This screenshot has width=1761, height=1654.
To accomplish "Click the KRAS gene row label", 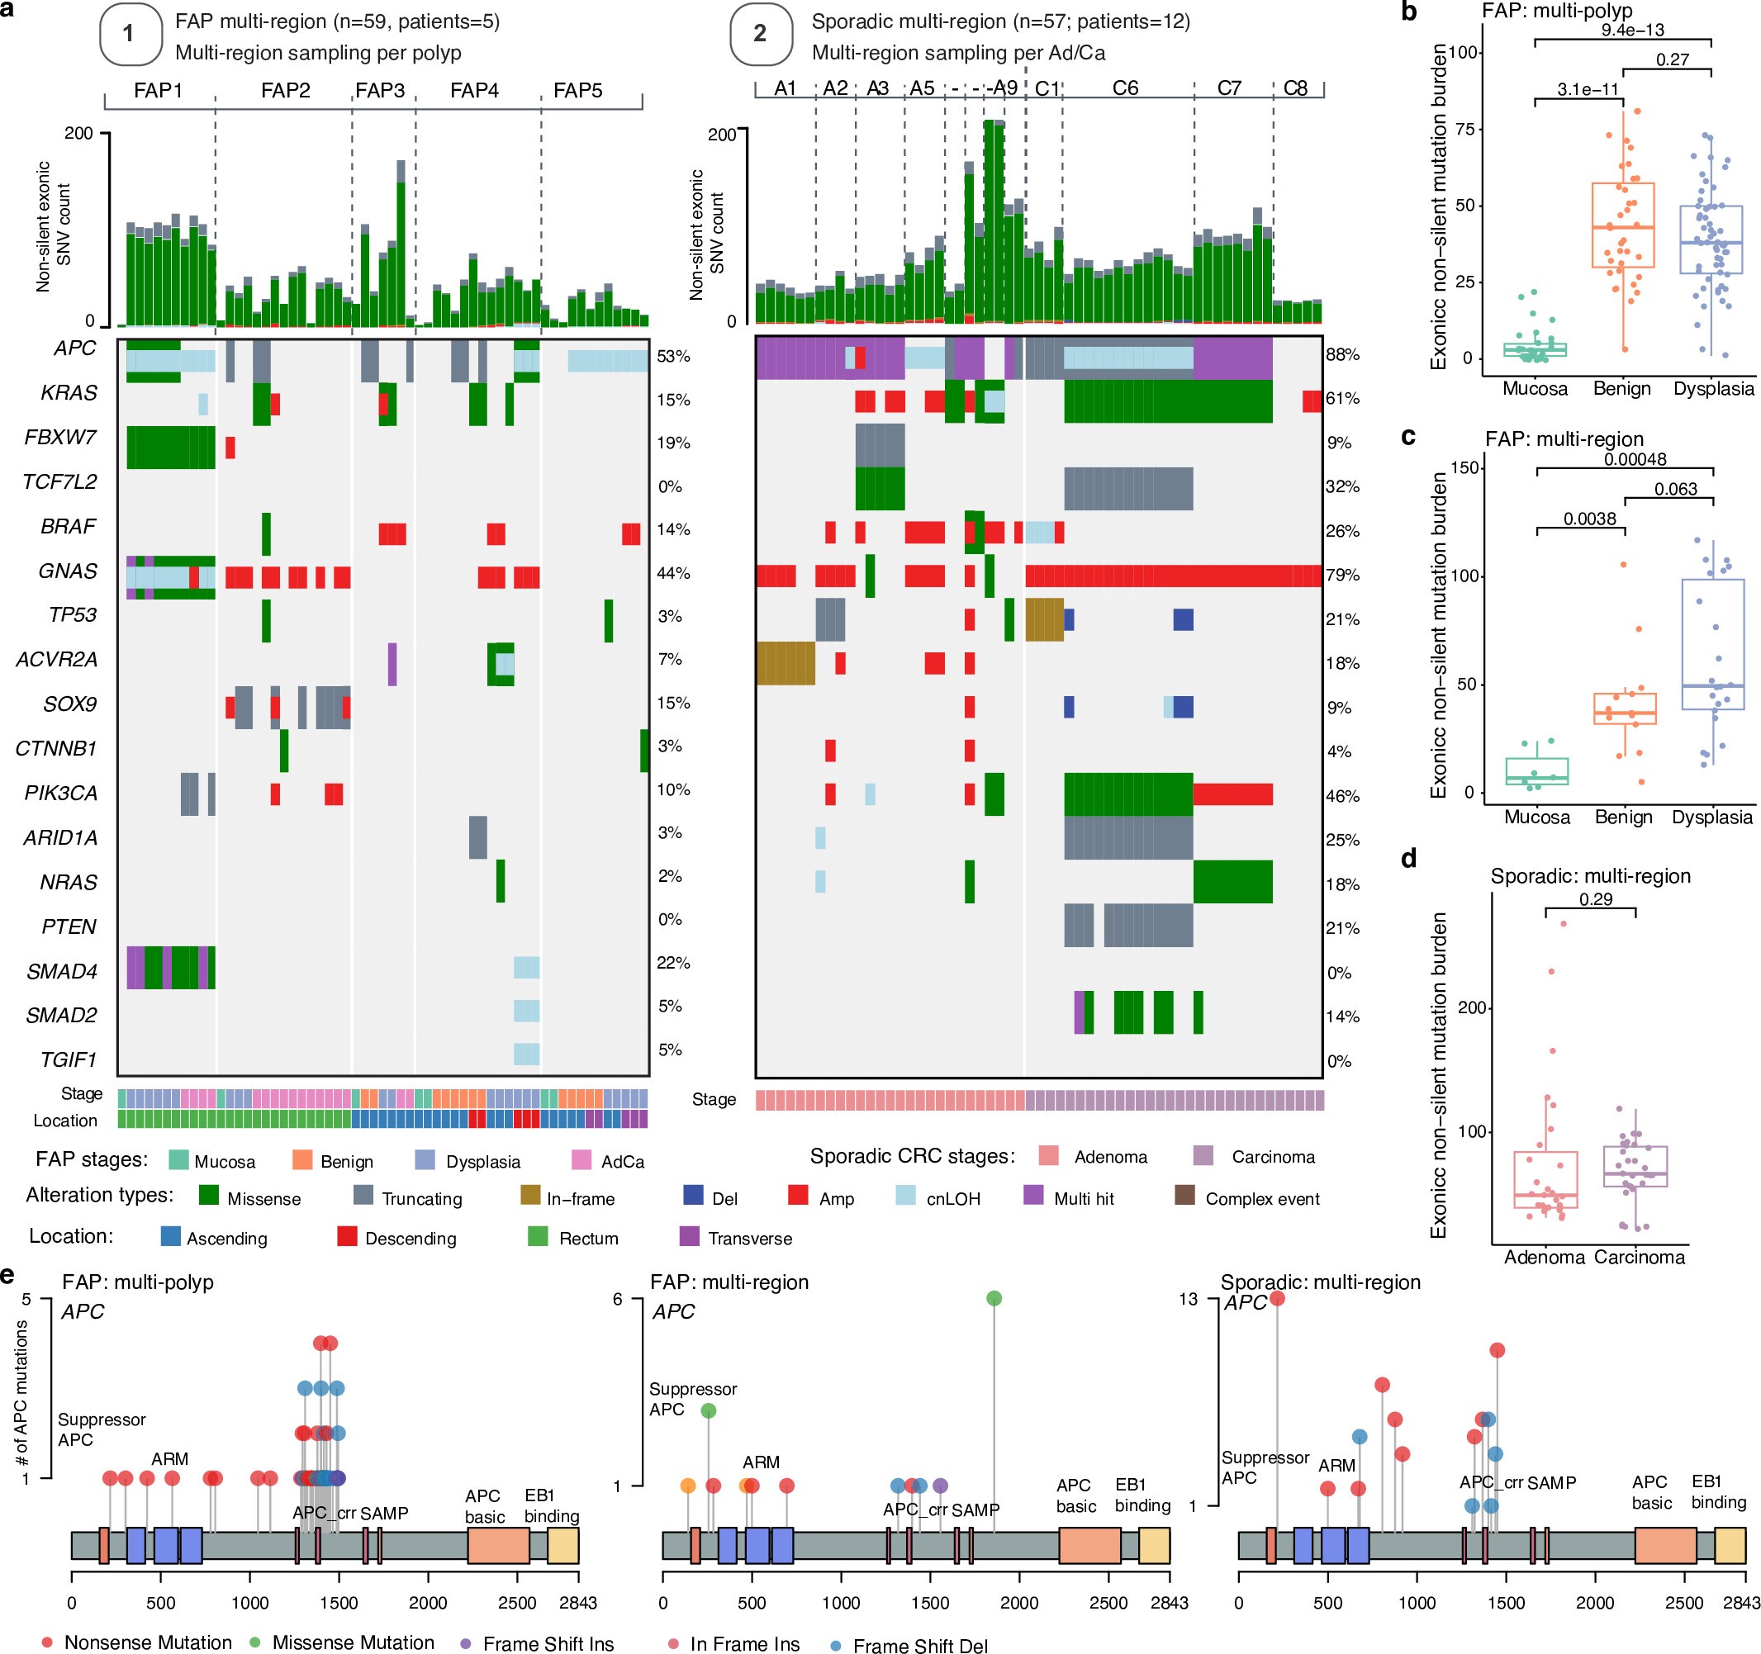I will click(x=68, y=393).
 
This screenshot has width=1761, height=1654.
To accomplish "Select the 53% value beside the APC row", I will click(x=673, y=356).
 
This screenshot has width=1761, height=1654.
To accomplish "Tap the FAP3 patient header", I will click(x=379, y=90).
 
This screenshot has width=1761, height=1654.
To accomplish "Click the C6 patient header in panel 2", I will click(x=1124, y=88).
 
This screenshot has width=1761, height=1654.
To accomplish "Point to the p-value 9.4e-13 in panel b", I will click(x=1631, y=30).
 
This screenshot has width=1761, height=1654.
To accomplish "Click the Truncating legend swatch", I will click(x=363, y=1196).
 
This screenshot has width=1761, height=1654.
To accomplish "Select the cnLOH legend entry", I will click(x=952, y=1198).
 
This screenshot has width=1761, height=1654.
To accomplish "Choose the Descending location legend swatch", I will click(x=347, y=1236).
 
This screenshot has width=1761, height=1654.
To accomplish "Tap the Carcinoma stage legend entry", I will click(x=1272, y=1156).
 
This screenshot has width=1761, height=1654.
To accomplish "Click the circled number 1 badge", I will click(x=131, y=34).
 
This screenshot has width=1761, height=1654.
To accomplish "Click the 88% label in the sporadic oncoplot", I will click(x=1342, y=355).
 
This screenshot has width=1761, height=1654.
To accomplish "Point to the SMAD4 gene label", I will click(x=61, y=971).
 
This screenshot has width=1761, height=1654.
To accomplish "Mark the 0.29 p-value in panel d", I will click(x=1595, y=899).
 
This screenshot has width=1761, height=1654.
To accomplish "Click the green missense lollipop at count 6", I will click(x=994, y=1298).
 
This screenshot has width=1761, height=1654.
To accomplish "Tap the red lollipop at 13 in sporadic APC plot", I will click(x=1276, y=1298).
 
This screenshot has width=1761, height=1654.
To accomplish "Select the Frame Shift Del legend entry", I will click(x=919, y=1645).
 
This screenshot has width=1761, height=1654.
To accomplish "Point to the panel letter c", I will click(x=1408, y=437).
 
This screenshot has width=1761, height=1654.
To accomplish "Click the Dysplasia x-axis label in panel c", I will click(x=1711, y=818).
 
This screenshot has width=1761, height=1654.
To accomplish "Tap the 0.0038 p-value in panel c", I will click(x=1589, y=519).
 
